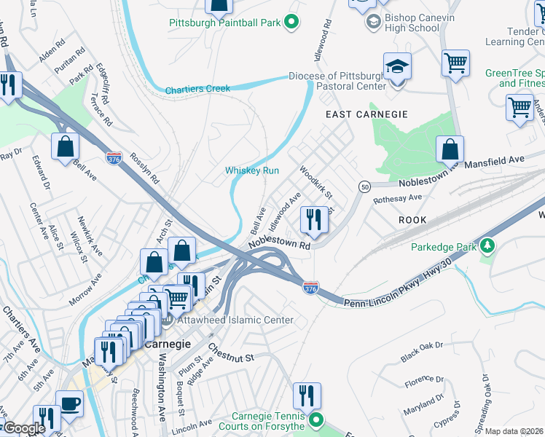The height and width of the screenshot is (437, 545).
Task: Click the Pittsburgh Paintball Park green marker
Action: pos(291,23)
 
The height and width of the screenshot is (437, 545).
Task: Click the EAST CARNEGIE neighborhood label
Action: pos(366,114)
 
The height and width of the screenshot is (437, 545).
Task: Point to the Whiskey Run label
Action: pos(252,170)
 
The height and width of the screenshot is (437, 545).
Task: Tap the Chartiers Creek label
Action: pos(197,90)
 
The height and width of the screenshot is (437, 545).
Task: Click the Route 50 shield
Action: pos(364,187)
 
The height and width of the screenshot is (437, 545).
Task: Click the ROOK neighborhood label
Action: pos(412,219)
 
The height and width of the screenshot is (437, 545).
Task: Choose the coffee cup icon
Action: pos(70,404)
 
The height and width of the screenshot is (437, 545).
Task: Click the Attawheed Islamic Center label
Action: pos(232,320)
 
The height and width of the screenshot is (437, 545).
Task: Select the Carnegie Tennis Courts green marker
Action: pos(315,420)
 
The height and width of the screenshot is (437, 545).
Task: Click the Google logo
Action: pos(23,429)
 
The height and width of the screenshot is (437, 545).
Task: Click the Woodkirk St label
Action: pos(315,183)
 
